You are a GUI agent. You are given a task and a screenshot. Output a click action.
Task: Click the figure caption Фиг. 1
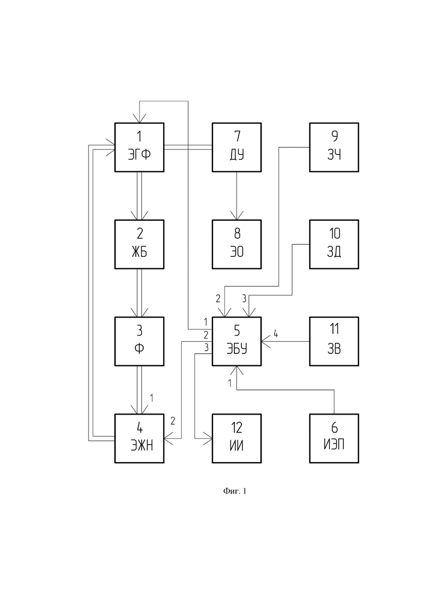click(234, 491)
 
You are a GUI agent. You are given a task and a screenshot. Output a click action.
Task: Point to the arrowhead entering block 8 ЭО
click(237, 215)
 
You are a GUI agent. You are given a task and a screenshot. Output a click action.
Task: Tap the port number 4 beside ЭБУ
click(276, 333)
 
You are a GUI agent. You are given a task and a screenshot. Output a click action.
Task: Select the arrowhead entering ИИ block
click(208, 439)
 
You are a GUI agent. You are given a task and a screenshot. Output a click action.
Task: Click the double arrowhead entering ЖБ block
click(140, 215)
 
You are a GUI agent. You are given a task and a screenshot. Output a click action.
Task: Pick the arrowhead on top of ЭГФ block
click(140, 118)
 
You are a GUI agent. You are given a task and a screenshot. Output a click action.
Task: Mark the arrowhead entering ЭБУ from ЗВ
click(266, 341)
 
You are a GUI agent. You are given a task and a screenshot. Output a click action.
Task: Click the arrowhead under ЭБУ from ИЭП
click(237, 371)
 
